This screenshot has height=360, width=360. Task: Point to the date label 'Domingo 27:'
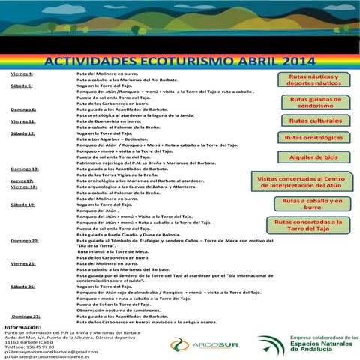[x=25, y=316]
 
